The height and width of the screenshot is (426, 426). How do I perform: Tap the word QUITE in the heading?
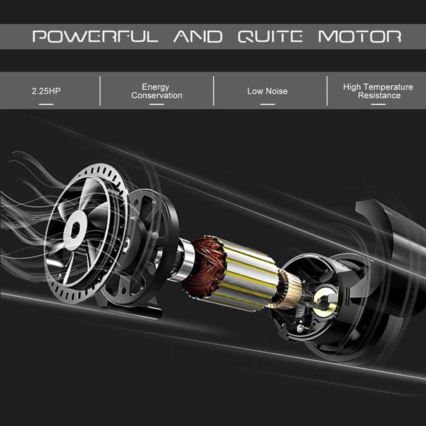point(270,36)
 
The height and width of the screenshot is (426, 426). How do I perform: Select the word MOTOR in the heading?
point(360,36)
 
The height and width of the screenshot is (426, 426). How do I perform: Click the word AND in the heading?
point(198,36)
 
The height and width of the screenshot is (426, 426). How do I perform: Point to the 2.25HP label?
point(46,91)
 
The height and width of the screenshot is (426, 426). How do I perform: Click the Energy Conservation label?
point(157,91)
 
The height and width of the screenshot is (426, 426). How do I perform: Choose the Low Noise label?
point(267,91)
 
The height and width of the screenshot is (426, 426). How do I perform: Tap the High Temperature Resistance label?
point(378,91)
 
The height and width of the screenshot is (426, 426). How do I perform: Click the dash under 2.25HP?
point(46,104)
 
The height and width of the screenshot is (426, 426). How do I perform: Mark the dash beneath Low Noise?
point(267,104)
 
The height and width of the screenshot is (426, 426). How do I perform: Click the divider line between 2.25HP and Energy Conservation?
point(100,91)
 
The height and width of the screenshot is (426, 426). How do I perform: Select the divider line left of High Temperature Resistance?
point(327,91)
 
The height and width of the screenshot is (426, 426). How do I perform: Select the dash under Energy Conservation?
point(157,104)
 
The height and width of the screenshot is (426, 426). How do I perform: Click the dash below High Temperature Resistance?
point(378,104)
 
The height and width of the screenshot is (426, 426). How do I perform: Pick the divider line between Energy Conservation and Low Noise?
point(213,91)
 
